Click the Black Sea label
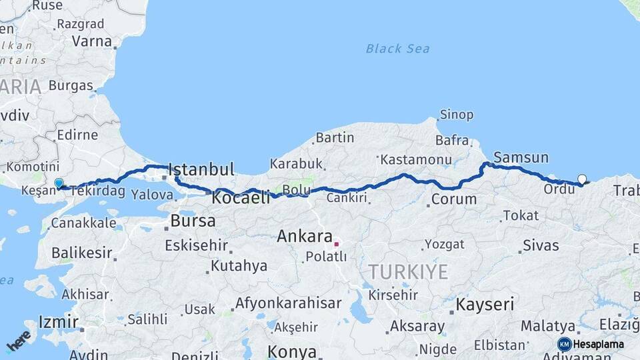coord(397,49)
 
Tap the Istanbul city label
coord(201,169)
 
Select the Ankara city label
coord(305,236)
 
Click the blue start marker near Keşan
coord(59,183)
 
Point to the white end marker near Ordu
coord(582,179)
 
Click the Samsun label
coord(521,158)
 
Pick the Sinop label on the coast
coord(457,115)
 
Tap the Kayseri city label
coord(485,305)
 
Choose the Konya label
coord(292,351)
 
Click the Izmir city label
coord(54,322)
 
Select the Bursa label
coord(193,221)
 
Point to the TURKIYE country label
coord(408,271)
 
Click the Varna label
coord(92,41)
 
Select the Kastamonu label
coord(416,159)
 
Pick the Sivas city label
coord(541,245)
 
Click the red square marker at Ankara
coord(337,244)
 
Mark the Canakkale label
coord(83,223)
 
